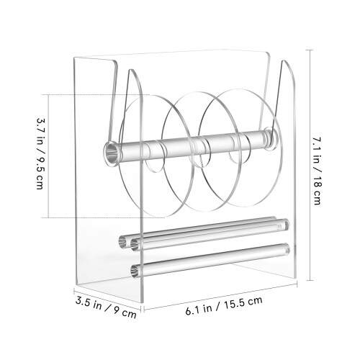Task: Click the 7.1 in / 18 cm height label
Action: click(x=317, y=171)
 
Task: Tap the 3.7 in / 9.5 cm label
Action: click(x=40, y=153)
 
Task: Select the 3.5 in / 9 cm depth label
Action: click(x=106, y=307)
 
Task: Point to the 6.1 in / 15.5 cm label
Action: click(x=224, y=306)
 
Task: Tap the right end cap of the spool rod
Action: click(x=271, y=140)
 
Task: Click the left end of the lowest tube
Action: click(x=135, y=271)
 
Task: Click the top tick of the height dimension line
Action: click(x=310, y=50)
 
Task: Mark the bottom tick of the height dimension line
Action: click(x=310, y=280)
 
